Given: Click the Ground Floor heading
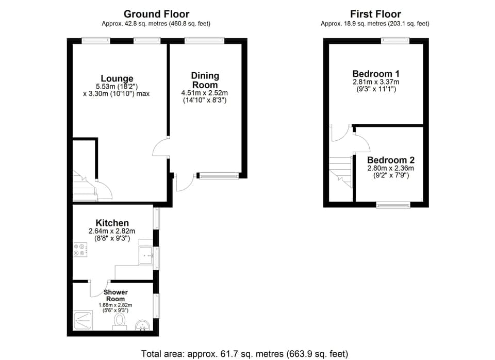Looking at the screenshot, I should pyautogui.click(x=156, y=14).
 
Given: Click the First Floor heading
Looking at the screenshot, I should pyautogui.click(x=375, y=14).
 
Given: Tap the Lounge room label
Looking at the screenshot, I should pyautogui.click(x=117, y=79).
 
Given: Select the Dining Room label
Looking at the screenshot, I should pyautogui.click(x=205, y=80).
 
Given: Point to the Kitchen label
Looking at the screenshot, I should pyautogui.click(x=112, y=223).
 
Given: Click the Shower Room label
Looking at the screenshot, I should pyautogui.click(x=115, y=296).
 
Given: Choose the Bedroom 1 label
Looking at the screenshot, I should pyautogui.click(x=376, y=73).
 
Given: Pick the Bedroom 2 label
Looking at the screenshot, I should pyautogui.click(x=390, y=160).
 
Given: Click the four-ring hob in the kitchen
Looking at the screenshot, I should pyautogui.click(x=80, y=250).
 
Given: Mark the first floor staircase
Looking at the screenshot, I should pyautogui.click(x=340, y=172).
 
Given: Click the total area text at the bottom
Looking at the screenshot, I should pyautogui.click(x=244, y=354).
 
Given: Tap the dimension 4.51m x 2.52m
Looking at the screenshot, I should pyautogui.click(x=205, y=93).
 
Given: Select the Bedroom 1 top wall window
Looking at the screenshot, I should pyautogui.click(x=395, y=40).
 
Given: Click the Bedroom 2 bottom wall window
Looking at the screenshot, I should pyautogui.click(x=393, y=205).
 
